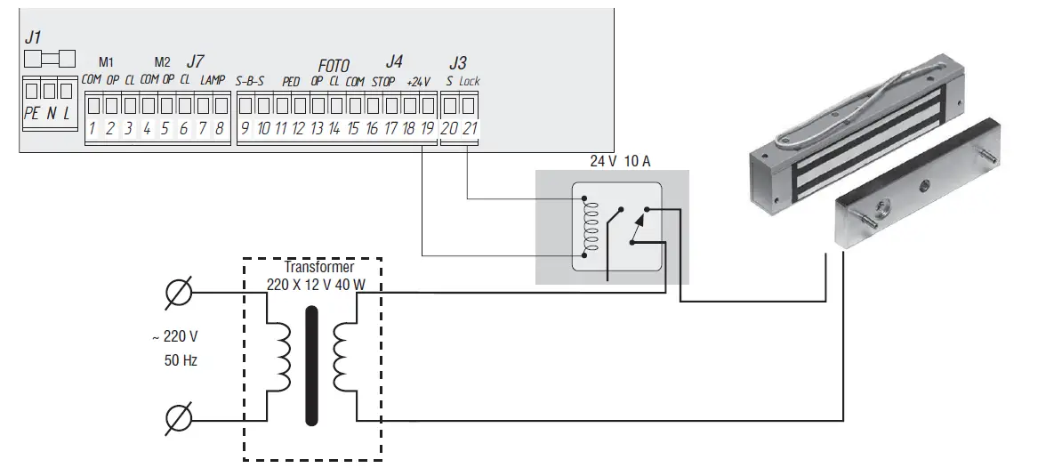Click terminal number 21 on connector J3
pos(471,129)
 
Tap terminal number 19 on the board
pos(427,129)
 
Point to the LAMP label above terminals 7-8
pos(213,80)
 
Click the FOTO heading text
pos(334,66)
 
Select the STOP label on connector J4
pos(383,81)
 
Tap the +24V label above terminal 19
pos(418,81)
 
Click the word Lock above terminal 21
pos(470,81)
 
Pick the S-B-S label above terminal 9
pos(250,81)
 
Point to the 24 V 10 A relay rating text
pos(619,160)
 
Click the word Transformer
pos(318,267)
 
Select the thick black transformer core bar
pos(311,366)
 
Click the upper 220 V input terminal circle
pos(179,291)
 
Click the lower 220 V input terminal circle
pos(179,416)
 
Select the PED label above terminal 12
pos(291,81)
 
